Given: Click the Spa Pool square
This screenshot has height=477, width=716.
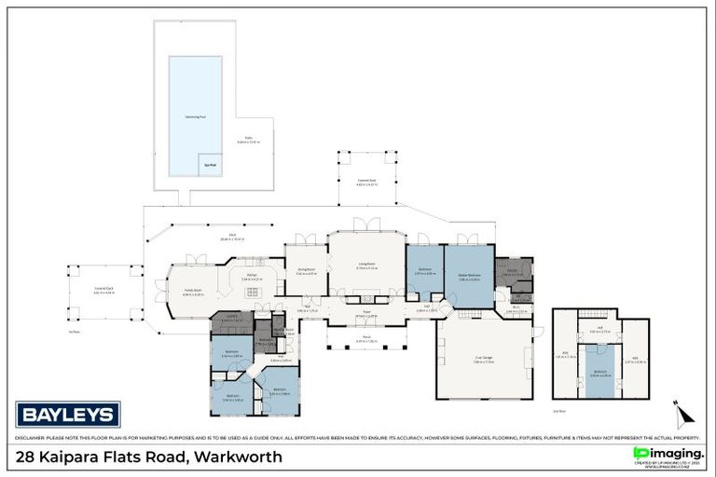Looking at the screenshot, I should tap(211, 164).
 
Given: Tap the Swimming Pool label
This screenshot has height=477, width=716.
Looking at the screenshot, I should tap(195, 117).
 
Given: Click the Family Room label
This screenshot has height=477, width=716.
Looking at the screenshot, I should tap(194, 292).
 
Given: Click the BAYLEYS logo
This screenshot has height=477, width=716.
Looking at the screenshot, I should tap(68, 414).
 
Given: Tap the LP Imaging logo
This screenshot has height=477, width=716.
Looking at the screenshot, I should tap(666, 454).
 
